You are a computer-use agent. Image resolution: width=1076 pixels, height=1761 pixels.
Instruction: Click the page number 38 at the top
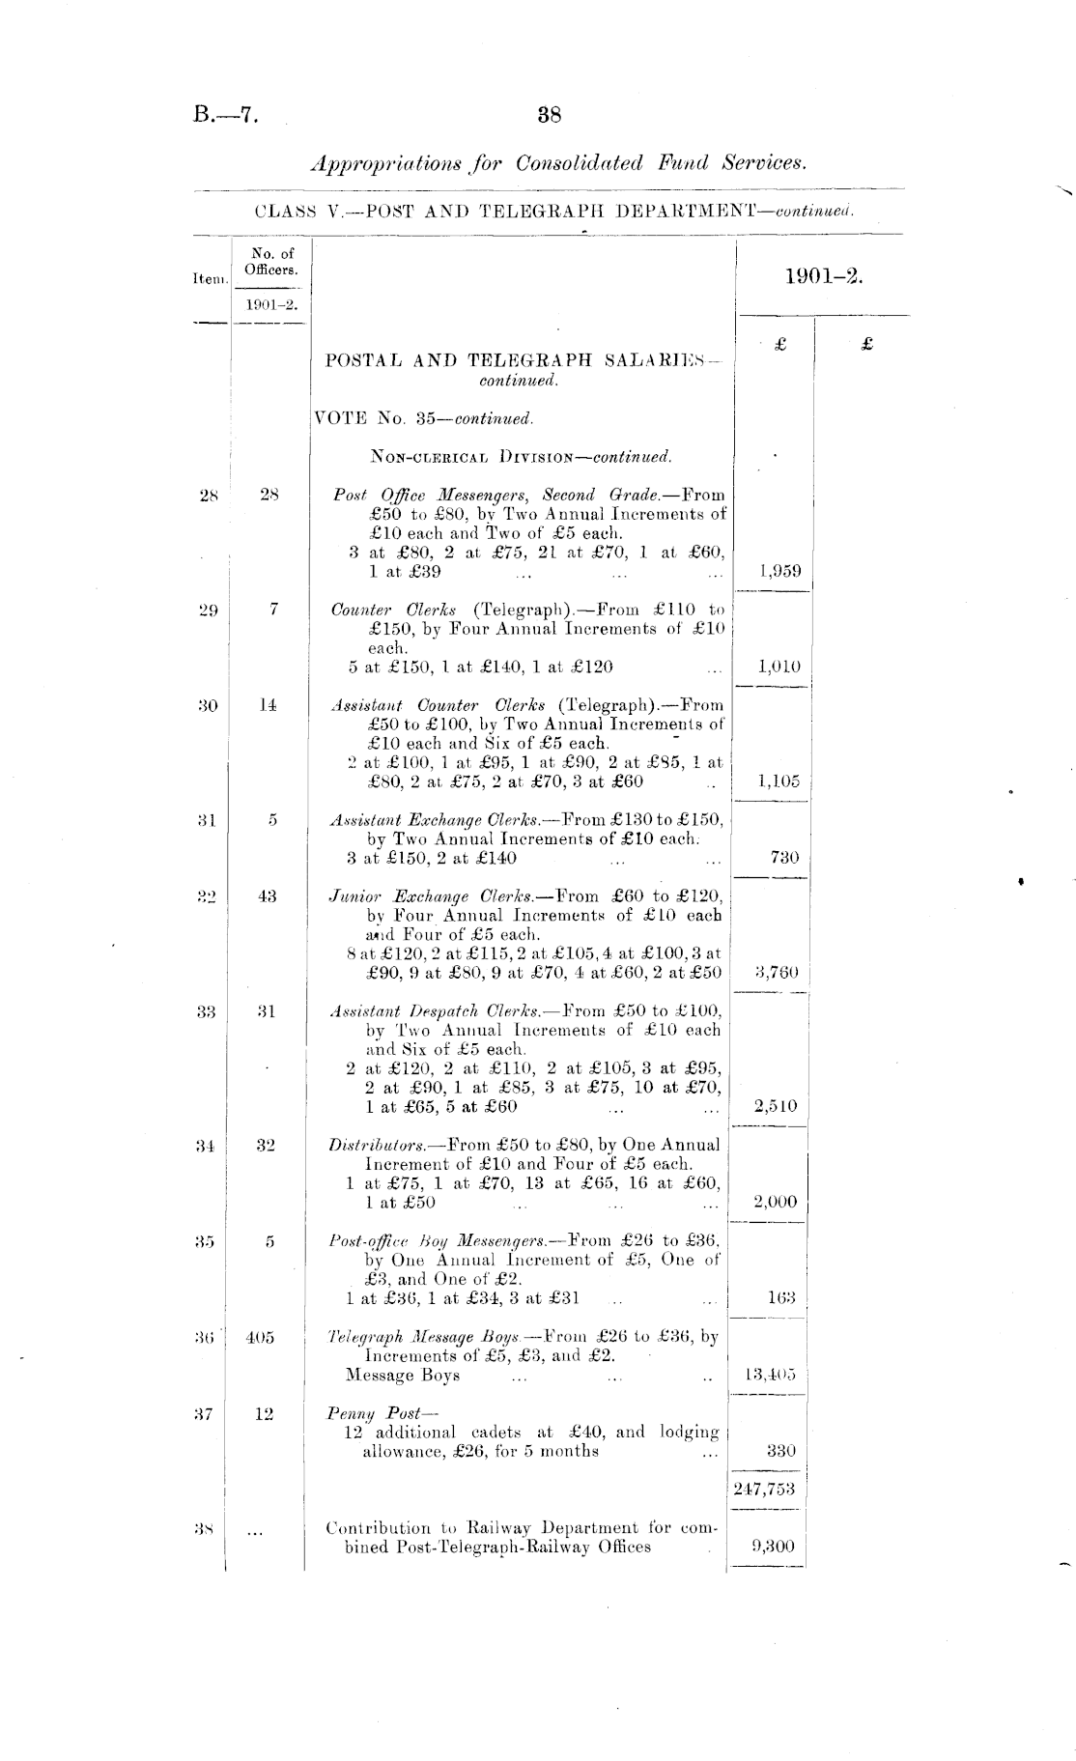coord(550,115)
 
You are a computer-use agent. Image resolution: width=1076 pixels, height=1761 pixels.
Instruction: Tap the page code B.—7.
coord(226,115)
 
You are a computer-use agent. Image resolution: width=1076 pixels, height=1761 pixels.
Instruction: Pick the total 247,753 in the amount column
coord(770,1490)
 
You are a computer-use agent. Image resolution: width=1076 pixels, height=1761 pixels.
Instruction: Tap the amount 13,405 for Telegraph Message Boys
coord(771,1375)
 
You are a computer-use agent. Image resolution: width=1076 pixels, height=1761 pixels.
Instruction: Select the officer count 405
coord(260,1338)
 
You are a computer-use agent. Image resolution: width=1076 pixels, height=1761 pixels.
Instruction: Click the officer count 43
coord(268,896)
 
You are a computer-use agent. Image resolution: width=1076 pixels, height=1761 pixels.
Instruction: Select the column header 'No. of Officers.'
coord(270,262)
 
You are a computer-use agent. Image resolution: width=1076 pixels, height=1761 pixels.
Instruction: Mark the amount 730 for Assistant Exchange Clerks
coord(784,858)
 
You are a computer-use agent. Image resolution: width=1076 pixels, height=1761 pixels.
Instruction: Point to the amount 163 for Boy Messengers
coord(781,1297)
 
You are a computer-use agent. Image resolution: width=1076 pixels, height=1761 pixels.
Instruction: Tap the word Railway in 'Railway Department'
coord(492,1528)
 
